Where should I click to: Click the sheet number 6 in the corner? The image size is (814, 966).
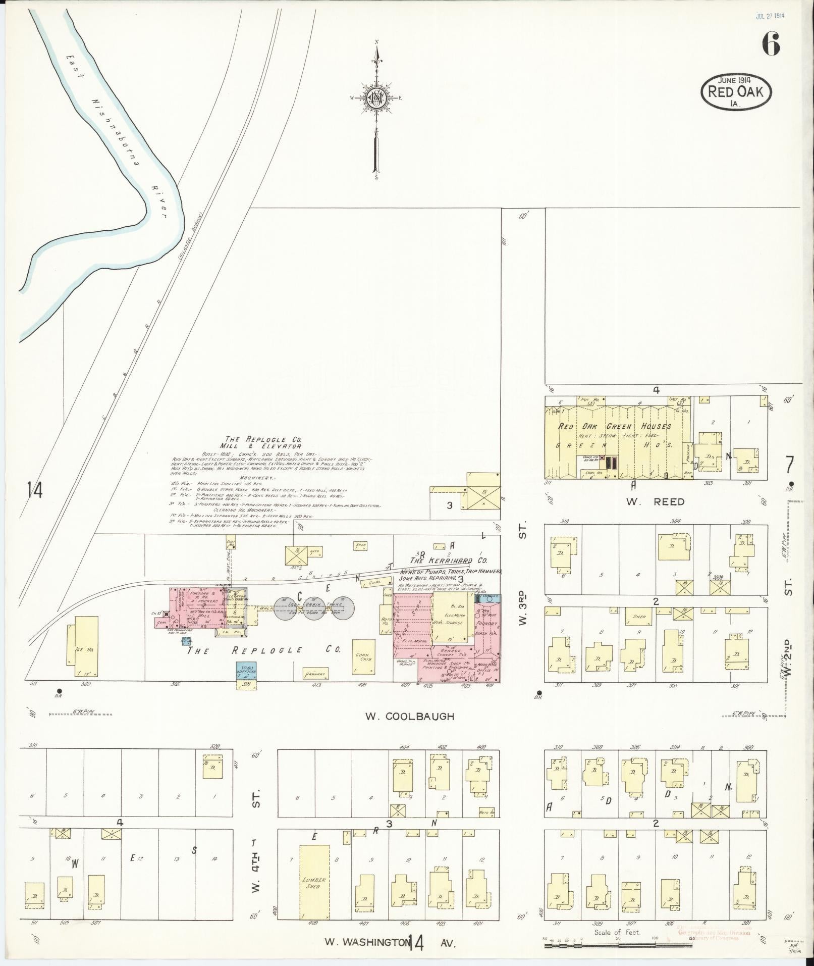click(x=771, y=44)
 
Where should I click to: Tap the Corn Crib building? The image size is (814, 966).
click(x=364, y=656)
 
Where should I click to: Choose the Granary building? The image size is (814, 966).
click(x=316, y=673)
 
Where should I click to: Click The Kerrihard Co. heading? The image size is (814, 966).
click(x=448, y=560)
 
